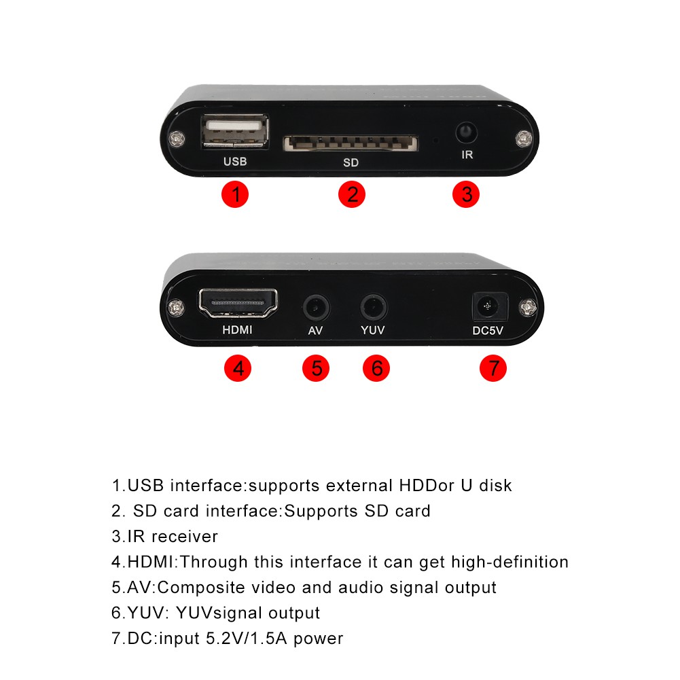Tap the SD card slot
point(350,143)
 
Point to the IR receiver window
point(466,130)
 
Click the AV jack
point(315,307)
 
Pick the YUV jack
point(372,307)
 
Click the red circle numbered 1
point(236,195)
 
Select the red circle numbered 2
point(352,195)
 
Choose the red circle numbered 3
point(466,195)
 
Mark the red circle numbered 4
point(238,369)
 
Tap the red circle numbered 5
point(316,369)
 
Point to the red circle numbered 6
point(376,369)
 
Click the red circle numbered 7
point(493,369)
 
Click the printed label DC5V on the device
point(489,332)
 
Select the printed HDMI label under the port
point(238,331)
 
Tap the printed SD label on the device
point(351,163)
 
